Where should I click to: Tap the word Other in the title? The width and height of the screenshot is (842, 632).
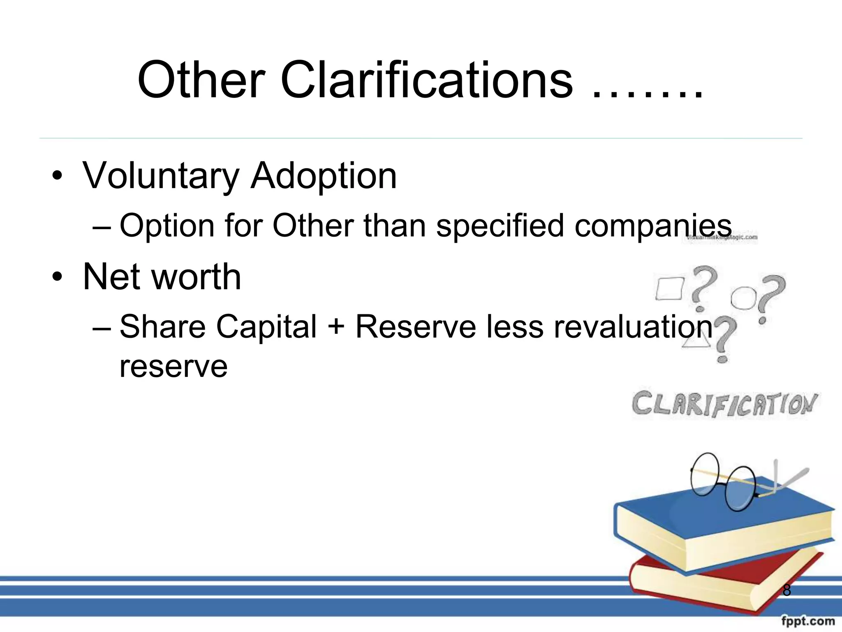pyautogui.click(x=201, y=80)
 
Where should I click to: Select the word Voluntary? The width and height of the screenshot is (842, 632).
pyautogui.click(x=161, y=176)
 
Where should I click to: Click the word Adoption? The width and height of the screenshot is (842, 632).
pyautogui.click(x=324, y=176)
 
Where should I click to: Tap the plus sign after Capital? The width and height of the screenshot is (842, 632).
pyautogui.click(x=336, y=327)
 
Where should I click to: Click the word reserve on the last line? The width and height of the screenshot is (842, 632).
pyautogui.click(x=173, y=366)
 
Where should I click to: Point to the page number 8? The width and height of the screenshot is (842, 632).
pyautogui.click(x=786, y=590)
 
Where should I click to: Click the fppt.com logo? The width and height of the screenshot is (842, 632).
pyautogui.click(x=807, y=620)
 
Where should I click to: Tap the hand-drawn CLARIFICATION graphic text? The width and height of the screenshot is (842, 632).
pyautogui.click(x=724, y=404)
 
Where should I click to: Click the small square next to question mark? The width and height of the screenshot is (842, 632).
pyautogui.click(x=669, y=289)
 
